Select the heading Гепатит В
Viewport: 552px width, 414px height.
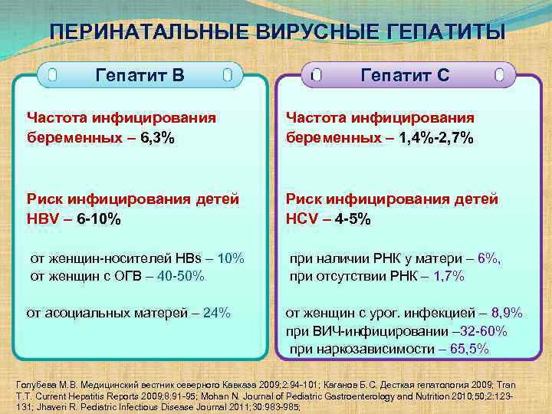coord(140,75)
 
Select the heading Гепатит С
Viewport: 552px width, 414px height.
coord(406,75)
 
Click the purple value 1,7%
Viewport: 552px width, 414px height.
coord(449,276)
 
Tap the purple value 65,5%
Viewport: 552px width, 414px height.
coord(470,350)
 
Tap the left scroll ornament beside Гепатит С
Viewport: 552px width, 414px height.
coord(316,75)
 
